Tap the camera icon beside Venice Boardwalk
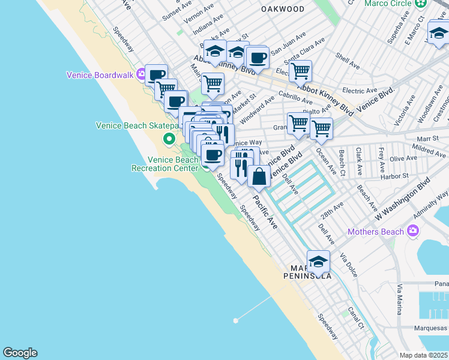pyautogui.click(x=142, y=75)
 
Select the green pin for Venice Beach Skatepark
pyautogui.click(x=169, y=140)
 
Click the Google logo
pyautogui.click(x=20, y=353)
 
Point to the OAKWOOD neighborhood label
pyautogui.click(x=283, y=10)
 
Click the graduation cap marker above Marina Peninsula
pyautogui.click(x=318, y=262)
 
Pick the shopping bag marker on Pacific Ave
pyautogui.click(x=259, y=177)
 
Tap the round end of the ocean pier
pyautogui.click(x=236, y=320)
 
